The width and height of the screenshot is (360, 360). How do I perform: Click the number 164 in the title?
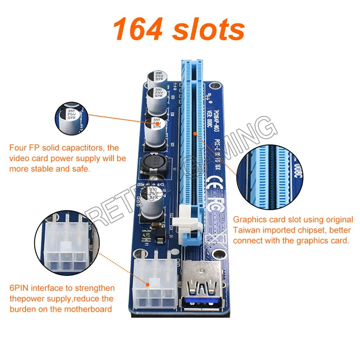click(138, 30)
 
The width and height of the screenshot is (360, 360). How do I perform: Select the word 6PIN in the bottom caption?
click(20, 288)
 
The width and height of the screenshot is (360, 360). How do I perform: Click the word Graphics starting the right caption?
click(249, 220)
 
